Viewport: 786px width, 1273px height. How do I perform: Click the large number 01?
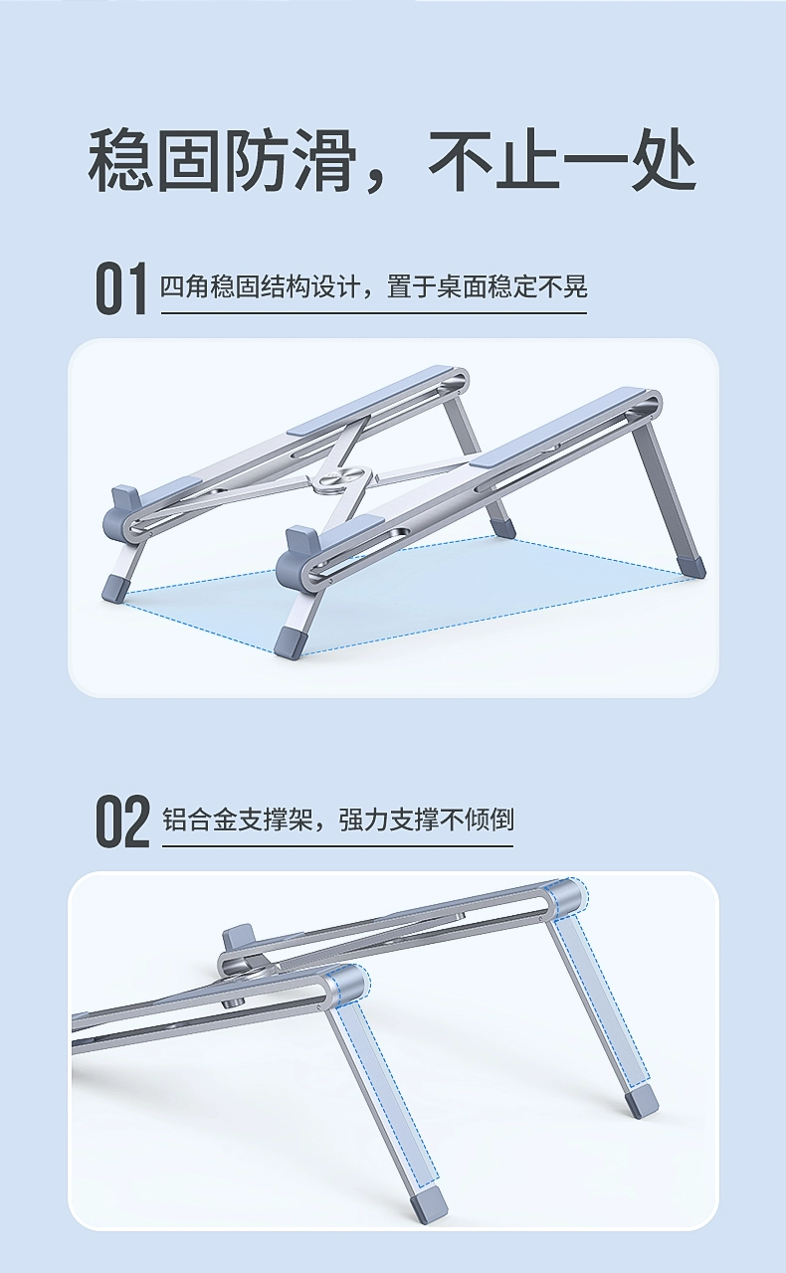point(120,288)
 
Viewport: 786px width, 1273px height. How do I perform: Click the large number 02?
point(122,821)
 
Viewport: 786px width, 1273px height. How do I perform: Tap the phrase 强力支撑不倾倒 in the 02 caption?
point(426,820)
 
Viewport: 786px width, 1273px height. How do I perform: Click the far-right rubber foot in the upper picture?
point(690,568)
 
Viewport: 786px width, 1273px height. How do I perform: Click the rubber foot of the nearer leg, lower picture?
point(429,1201)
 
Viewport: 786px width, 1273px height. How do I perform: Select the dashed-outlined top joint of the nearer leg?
point(348,984)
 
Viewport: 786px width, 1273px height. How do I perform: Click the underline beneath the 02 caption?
point(337,846)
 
